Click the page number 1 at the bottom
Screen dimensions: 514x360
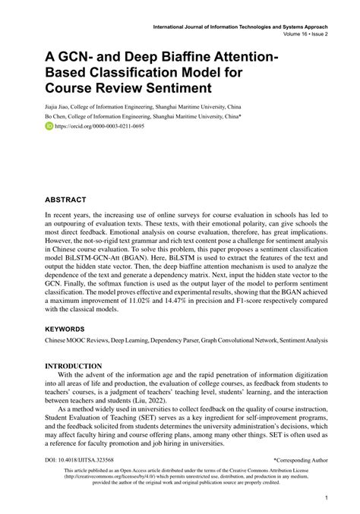point(325,498)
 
